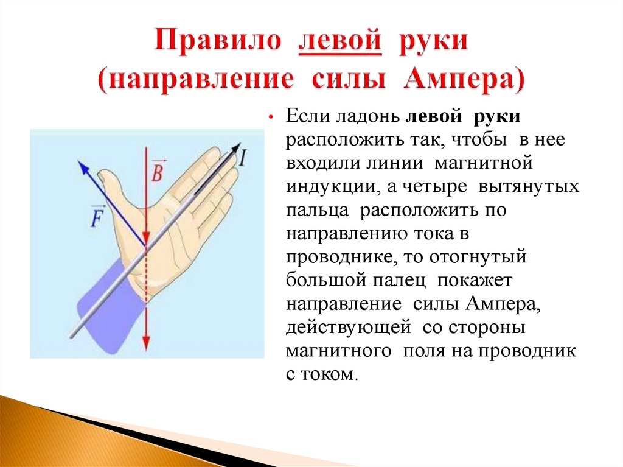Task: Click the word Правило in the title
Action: (218, 42)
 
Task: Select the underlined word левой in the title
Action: (339, 42)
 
